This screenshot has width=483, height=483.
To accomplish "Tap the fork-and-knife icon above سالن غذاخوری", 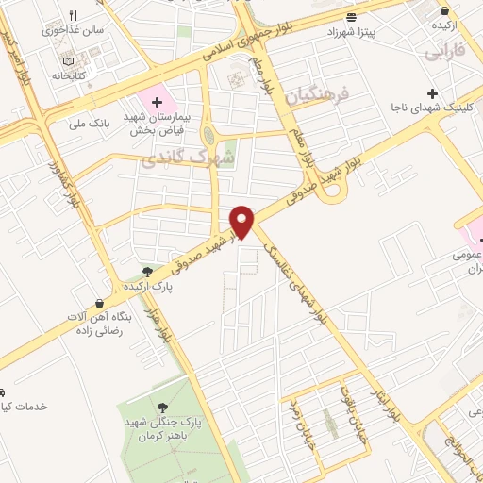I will pyautogui.click(x=74, y=15).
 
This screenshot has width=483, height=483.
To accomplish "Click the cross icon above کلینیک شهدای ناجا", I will pyautogui.click(x=432, y=93).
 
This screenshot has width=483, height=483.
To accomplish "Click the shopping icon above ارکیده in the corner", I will pyautogui.click(x=444, y=11).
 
